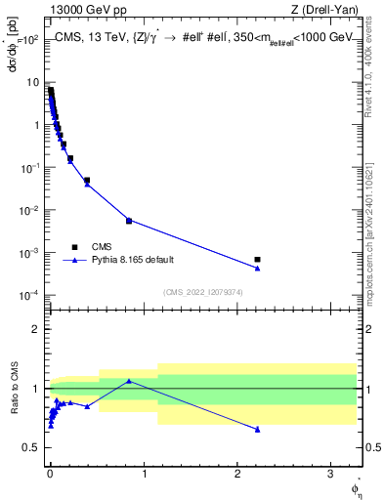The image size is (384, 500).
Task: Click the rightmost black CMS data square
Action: coord(257,260)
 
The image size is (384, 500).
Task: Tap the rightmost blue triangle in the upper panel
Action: coord(257,268)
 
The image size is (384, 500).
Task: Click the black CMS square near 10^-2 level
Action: coord(129,221)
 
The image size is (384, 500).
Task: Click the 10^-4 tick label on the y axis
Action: coord(32,296)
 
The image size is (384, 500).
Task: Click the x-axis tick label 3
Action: coord(331,470)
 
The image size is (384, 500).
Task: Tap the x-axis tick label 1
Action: coord(144,470)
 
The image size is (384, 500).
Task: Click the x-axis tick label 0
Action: coord(50,470)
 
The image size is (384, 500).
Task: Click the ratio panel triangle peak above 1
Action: coord(129,381)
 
